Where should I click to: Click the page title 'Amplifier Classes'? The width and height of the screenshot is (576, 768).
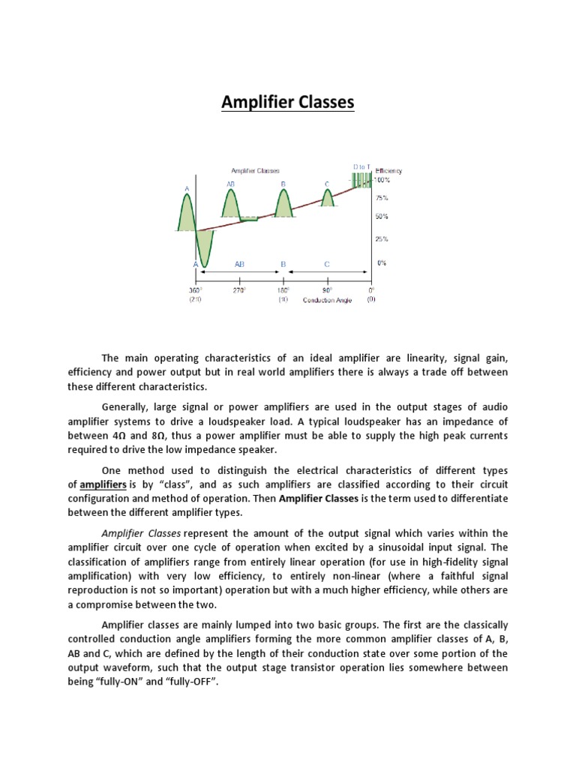(x=287, y=102)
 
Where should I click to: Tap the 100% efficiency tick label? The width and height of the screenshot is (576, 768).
(x=383, y=180)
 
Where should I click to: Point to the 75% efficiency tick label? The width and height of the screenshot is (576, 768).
(x=382, y=199)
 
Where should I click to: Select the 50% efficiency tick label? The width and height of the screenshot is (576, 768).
(x=382, y=217)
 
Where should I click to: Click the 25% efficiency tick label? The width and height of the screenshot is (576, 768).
(x=382, y=240)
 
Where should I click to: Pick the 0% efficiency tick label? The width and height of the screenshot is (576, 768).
(x=382, y=263)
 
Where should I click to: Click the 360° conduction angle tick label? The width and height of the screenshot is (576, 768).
(x=196, y=289)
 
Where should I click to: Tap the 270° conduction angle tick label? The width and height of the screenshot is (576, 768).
(x=240, y=289)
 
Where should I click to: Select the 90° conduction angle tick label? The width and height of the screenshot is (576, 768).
(x=327, y=289)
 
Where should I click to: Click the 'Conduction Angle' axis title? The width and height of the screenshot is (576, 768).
(x=326, y=300)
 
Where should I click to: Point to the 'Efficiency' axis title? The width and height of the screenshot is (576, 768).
(x=389, y=171)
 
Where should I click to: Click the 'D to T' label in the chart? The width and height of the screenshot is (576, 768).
(x=361, y=166)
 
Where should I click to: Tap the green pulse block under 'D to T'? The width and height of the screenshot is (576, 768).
(x=361, y=181)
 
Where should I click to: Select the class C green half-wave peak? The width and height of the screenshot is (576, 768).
(x=328, y=197)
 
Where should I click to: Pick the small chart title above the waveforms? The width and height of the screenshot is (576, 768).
(x=256, y=171)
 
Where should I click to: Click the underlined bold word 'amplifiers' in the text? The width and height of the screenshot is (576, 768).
(x=103, y=484)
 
